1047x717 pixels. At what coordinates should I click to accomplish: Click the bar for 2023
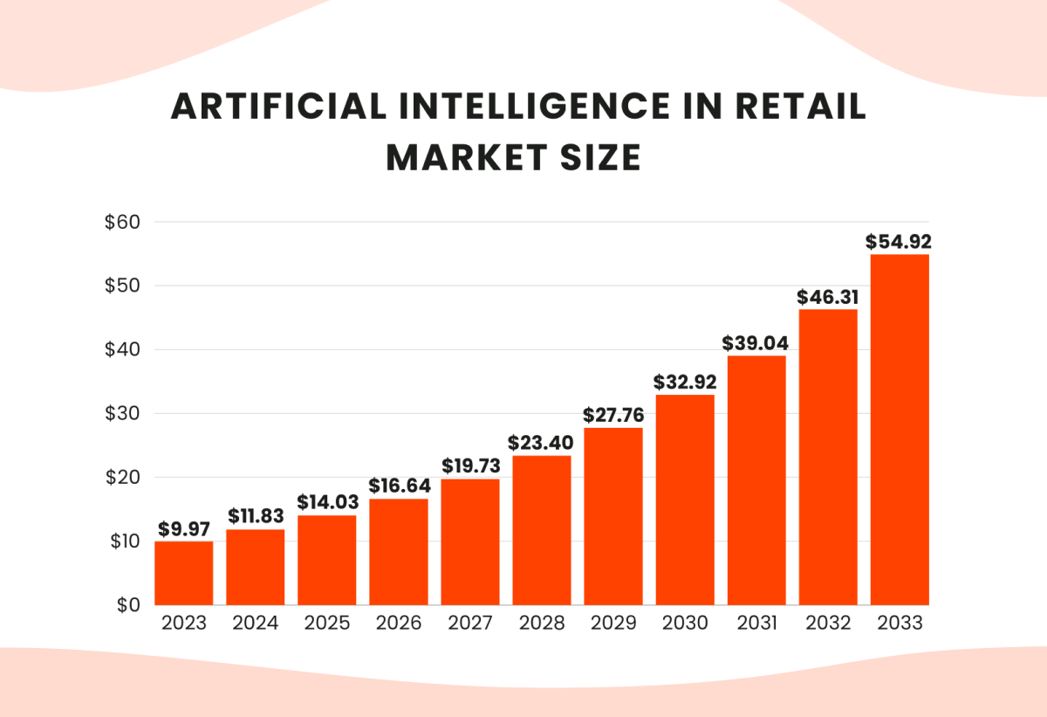tap(184, 573)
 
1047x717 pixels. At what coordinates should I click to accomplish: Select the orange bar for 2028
tap(542, 530)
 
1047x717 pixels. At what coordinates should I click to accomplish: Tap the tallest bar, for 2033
tap(900, 430)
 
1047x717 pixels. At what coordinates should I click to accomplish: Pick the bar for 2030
tap(685, 500)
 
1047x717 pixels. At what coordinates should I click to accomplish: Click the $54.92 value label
tap(900, 240)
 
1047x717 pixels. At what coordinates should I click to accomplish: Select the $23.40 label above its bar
tap(542, 442)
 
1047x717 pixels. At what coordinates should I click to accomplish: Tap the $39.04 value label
tap(756, 342)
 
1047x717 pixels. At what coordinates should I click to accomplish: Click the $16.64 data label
tap(399, 485)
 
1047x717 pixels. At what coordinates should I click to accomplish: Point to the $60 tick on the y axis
tap(122, 222)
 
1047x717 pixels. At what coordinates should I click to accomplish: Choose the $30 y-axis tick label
tap(122, 413)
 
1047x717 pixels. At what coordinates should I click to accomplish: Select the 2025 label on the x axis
tap(327, 623)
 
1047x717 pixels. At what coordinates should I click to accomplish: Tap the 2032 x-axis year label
tap(828, 623)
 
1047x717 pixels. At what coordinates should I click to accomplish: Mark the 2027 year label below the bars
tap(470, 623)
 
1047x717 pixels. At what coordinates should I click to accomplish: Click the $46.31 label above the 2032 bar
tap(828, 297)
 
